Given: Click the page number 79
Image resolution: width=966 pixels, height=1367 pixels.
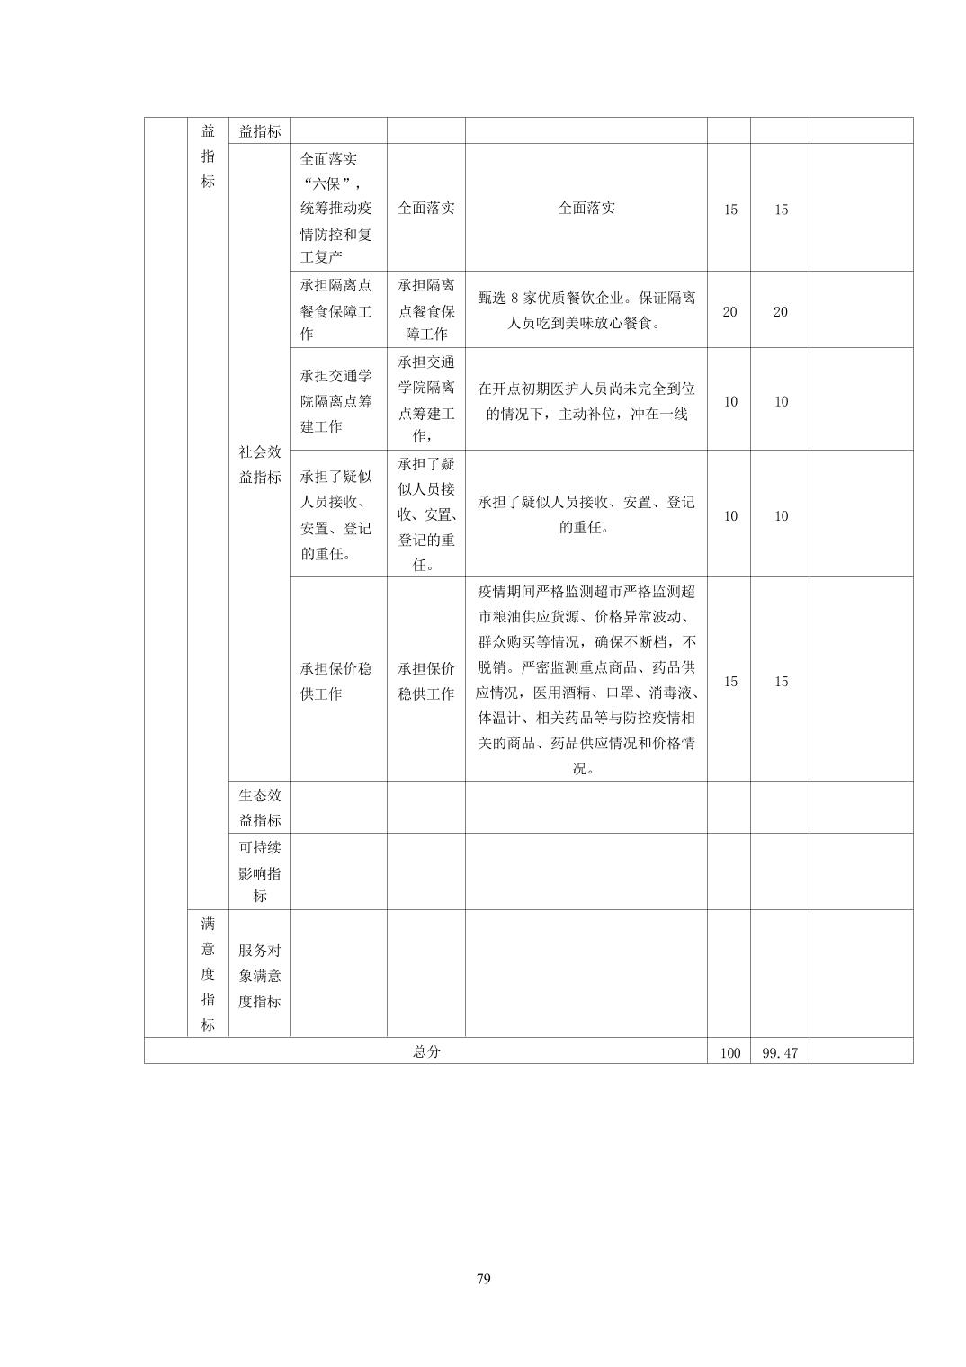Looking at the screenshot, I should (484, 1279).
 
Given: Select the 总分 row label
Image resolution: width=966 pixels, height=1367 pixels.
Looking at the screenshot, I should (426, 1051).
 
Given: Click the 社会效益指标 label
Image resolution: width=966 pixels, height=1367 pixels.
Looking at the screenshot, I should (260, 465).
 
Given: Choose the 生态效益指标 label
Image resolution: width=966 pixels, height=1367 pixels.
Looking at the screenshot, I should (260, 808).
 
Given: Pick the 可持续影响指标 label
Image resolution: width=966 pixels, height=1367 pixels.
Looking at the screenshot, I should (260, 871).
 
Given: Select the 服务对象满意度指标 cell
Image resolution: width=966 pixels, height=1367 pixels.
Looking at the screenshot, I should (260, 976).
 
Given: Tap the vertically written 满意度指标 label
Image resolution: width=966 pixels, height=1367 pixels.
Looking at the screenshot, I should (208, 974).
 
